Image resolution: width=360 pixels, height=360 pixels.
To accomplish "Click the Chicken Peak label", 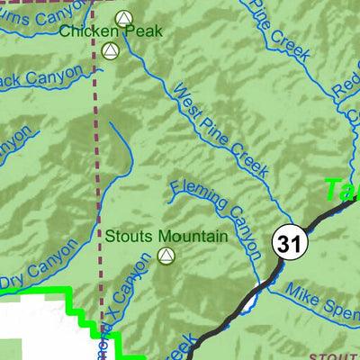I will pyautogui.click(x=111, y=31).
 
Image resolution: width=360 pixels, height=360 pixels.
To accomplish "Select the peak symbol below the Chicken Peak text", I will pyautogui.click(x=111, y=51).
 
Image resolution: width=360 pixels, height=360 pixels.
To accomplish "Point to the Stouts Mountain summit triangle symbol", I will pyautogui.click(x=165, y=256).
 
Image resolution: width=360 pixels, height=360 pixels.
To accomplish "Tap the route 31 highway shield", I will pyautogui.click(x=288, y=243).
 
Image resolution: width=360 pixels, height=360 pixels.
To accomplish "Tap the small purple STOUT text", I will pyautogui.click(x=337, y=355).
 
